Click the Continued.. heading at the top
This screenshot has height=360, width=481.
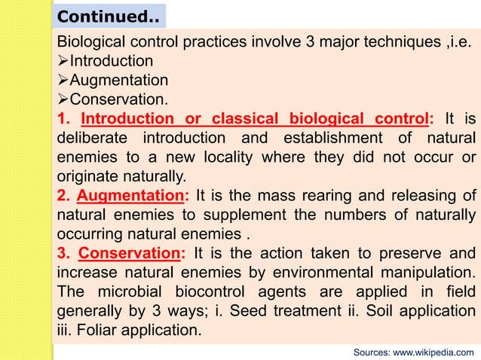[x=108, y=16]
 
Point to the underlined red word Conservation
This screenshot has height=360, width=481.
[x=129, y=252]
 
